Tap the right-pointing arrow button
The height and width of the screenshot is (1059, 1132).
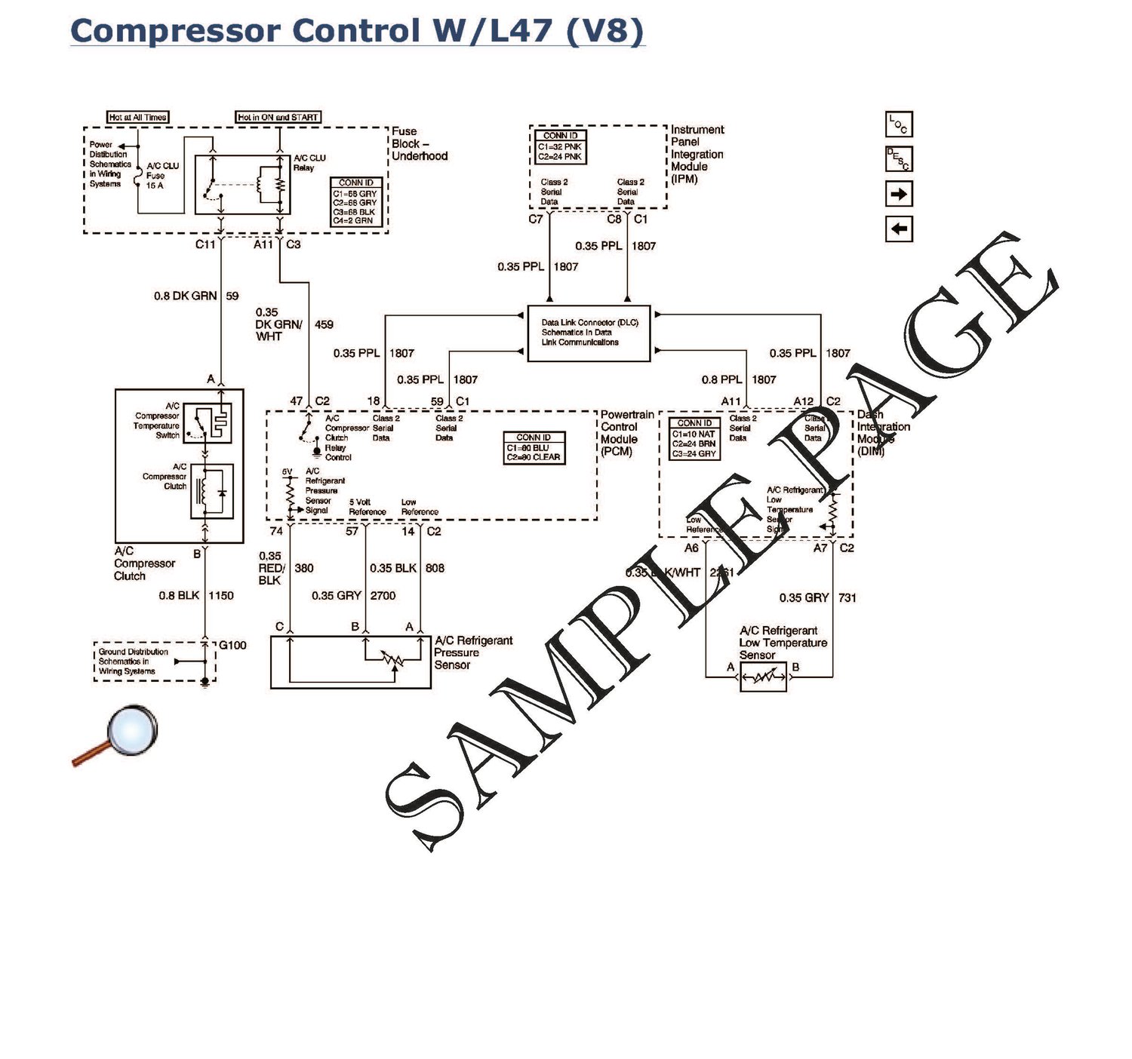[899, 194]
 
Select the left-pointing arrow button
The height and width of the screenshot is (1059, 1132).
[899, 229]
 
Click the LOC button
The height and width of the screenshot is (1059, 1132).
[899, 124]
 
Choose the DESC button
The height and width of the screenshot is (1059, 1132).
[899, 158]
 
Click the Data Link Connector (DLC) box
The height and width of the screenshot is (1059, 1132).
[589, 333]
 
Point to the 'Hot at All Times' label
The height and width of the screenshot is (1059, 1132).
[137, 117]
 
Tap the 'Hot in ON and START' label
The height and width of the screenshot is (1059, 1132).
[278, 117]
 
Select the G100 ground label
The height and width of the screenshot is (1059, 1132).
[232, 645]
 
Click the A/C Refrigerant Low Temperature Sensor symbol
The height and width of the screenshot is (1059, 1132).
[763, 677]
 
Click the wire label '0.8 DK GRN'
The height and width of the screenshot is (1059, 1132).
[185, 296]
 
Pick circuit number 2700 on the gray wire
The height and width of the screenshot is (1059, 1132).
[383, 595]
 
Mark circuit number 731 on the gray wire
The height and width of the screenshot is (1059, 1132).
[847, 597]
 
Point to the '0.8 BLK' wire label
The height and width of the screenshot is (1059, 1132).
[179, 595]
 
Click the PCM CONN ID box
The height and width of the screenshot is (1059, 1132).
[534, 447]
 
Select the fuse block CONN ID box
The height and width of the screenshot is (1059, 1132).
[356, 202]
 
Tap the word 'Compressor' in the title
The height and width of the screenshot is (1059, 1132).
[176, 32]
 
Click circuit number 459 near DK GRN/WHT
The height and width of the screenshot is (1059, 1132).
[324, 324]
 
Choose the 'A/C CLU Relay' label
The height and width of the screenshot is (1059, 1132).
[309, 162]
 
